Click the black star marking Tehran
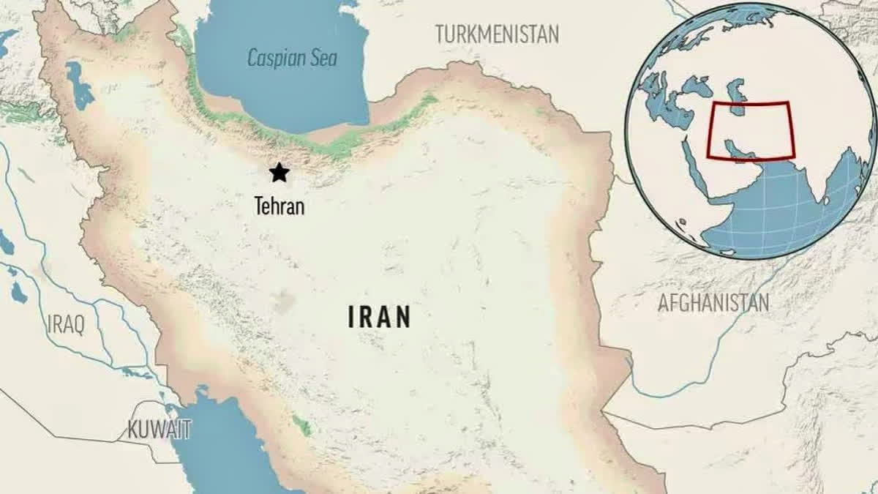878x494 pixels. pyautogui.click(x=279, y=173)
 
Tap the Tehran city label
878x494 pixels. pyautogui.click(x=279, y=207)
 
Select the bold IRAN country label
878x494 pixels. pyautogui.click(x=378, y=318)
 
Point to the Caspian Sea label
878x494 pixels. pyautogui.click(x=292, y=58)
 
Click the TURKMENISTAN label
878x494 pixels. pyautogui.click(x=497, y=34)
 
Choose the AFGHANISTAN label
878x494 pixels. pyautogui.click(x=713, y=302)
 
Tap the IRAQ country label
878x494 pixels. pyautogui.click(x=66, y=323)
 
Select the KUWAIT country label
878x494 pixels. pyautogui.click(x=160, y=430)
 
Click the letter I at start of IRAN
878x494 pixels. pyautogui.click(x=351, y=318)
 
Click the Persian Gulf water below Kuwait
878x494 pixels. pyautogui.click(x=219, y=446)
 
